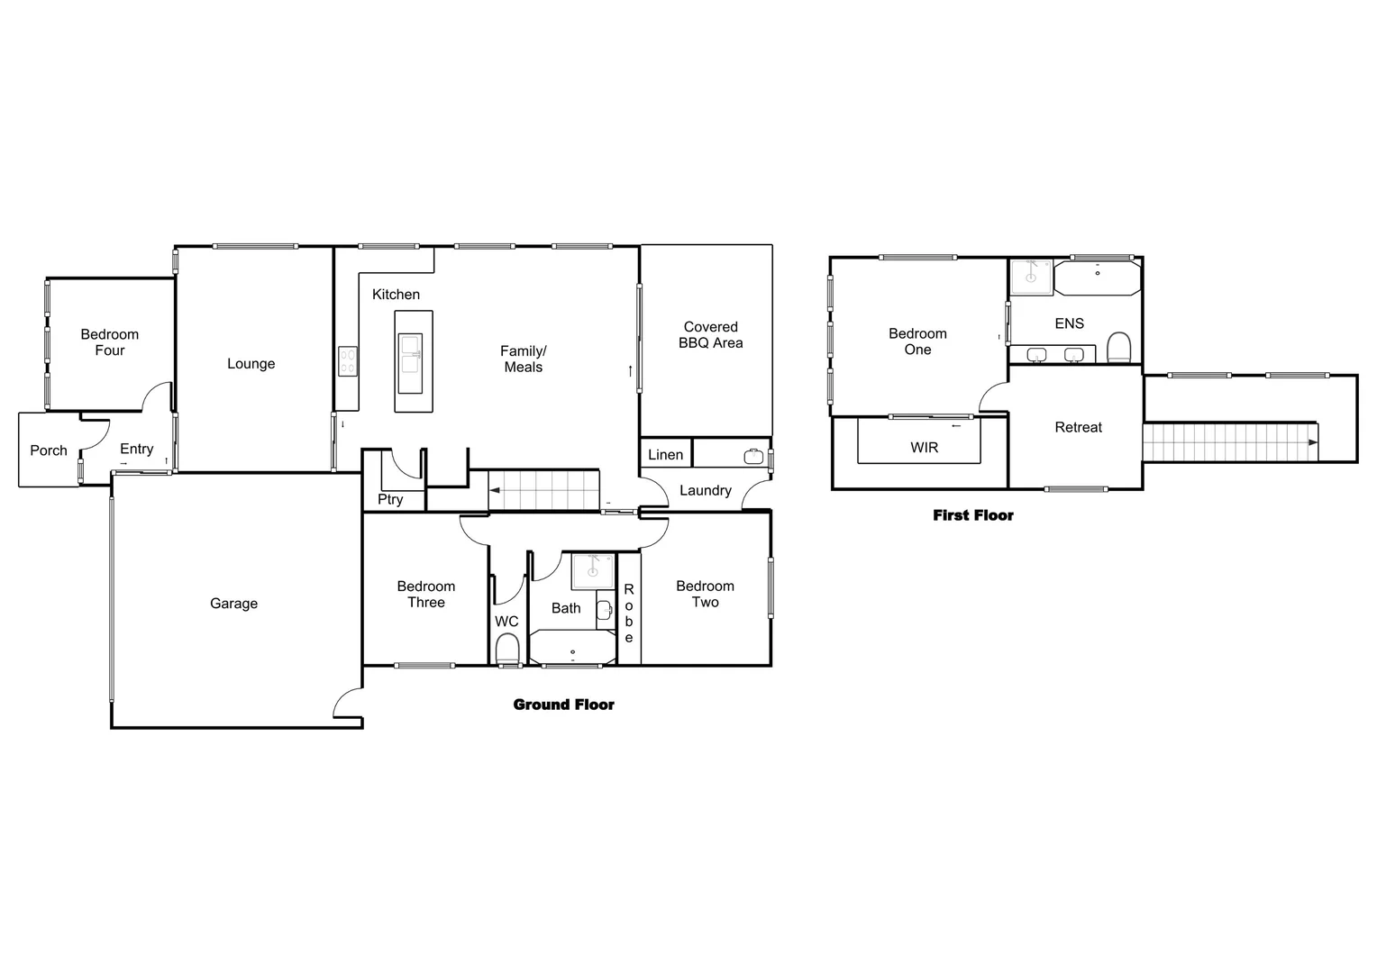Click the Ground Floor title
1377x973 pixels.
tap(563, 705)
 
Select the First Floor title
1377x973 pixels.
tap(972, 515)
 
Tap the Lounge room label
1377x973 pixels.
tap(251, 364)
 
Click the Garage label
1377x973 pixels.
tap(233, 604)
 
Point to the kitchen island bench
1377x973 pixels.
tap(414, 361)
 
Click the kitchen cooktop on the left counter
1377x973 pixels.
tap(348, 361)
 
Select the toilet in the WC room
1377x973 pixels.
tap(507, 648)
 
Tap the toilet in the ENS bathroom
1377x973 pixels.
tap(1118, 347)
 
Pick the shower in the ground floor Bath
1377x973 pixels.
tap(593, 571)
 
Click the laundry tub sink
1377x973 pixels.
tap(753, 457)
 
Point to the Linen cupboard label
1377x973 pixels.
tap(665, 455)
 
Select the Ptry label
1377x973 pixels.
tap(390, 499)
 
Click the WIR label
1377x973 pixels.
tap(924, 447)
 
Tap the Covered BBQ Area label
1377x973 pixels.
tap(710, 335)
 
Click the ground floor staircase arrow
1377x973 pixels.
tap(495, 491)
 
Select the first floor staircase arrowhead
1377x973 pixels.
tap(1313, 442)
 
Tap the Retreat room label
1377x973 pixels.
tap(1078, 428)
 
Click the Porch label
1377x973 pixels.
tap(49, 450)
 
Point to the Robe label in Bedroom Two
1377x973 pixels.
tap(629, 614)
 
